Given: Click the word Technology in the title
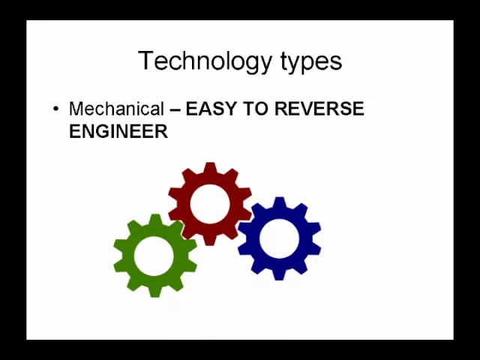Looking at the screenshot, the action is tap(205, 61).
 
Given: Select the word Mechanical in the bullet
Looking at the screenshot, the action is tap(117, 108).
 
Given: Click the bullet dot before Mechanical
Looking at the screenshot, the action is tap(55, 109).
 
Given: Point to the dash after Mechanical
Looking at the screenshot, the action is tap(175, 109).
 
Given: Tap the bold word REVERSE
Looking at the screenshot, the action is tap(319, 108).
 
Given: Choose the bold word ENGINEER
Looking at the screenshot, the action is tap(118, 131).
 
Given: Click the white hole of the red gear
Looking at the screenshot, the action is tap(210, 204).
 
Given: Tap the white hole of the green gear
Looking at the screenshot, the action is tap(154, 256).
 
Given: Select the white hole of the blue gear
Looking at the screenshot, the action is tap(279, 238).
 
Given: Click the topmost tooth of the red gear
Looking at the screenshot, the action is tap(210, 168).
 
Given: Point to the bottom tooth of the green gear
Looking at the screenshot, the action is tap(154, 292).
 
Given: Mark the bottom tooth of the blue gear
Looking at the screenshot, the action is tap(279, 274).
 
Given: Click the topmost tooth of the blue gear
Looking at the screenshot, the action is tap(279, 202).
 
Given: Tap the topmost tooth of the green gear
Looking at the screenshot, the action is tap(154, 220).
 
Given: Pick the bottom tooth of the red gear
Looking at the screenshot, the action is tap(210, 240).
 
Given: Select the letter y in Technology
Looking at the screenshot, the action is tap(265, 65).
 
